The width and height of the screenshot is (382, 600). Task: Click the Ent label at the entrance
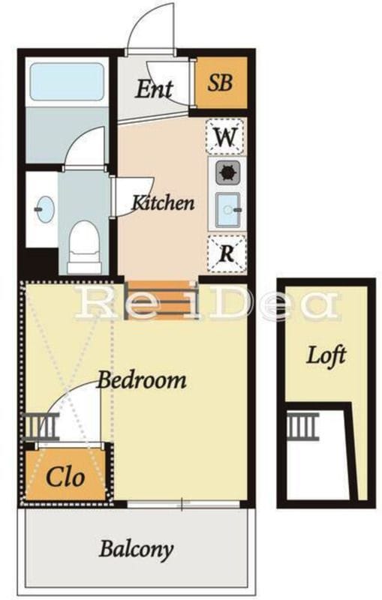coord(155,89)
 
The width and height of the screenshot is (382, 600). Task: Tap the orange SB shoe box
coord(221,82)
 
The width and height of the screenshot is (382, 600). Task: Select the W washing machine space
coord(224,136)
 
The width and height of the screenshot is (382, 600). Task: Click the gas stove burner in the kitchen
coord(228,172)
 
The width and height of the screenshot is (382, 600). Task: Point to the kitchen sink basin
coord(227,210)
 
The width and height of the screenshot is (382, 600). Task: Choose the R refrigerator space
coord(227,253)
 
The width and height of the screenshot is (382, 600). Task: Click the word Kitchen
coord(163,202)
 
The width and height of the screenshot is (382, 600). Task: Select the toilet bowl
coord(85,247)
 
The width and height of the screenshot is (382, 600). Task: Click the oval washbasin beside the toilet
coord(46,209)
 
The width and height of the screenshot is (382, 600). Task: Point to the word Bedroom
coord(142,380)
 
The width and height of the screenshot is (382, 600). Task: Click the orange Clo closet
coord(65,475)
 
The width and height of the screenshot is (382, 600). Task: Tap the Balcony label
coord(137,550)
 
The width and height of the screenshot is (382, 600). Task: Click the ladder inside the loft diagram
coord(302,426)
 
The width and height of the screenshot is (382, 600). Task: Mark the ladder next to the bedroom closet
coord(41,426)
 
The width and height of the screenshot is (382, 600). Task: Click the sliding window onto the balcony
coord(184,505)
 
